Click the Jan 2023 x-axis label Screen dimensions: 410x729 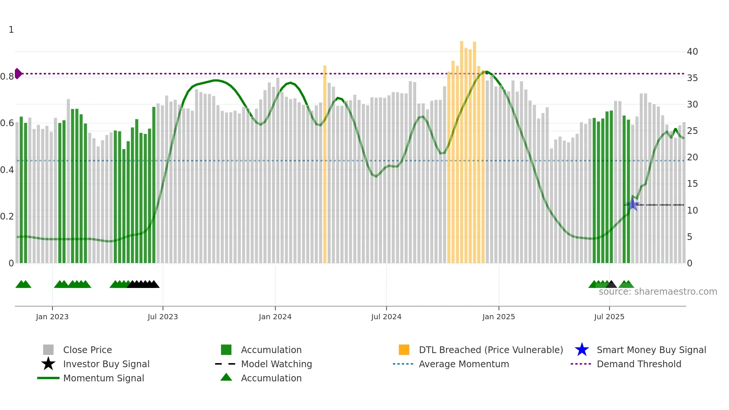[x=52, y=317]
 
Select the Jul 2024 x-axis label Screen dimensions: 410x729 [x=386, y=317]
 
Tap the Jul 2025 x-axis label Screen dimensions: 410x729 [x=609, y=317]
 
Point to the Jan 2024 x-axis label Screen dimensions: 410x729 [x=275, y=317]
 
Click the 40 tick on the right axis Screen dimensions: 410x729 [x=692, y=52]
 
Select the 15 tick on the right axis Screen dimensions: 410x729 [x=692, y=184]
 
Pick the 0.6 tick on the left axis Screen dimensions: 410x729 [x=7, y=123]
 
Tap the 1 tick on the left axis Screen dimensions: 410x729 [x=11, y=30]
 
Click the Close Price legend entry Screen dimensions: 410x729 [x=87, y=350]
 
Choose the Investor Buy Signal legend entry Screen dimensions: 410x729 [x=106, y=364]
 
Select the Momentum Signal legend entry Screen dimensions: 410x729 [x=103, y=378]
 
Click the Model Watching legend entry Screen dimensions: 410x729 [x=276, y=364]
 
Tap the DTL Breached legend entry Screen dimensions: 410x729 [x=491, y=350]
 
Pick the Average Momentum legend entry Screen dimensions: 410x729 [x=464, y=364]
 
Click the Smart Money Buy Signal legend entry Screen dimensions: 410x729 [x=651, y=350]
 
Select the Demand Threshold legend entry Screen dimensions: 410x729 [x=639, y=364]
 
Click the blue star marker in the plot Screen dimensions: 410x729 [x=633, y=204]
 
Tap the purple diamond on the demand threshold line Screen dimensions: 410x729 [x=17, y=74]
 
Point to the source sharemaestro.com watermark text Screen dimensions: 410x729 [x=658, y=292]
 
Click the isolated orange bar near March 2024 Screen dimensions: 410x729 [x=325, y=164]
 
